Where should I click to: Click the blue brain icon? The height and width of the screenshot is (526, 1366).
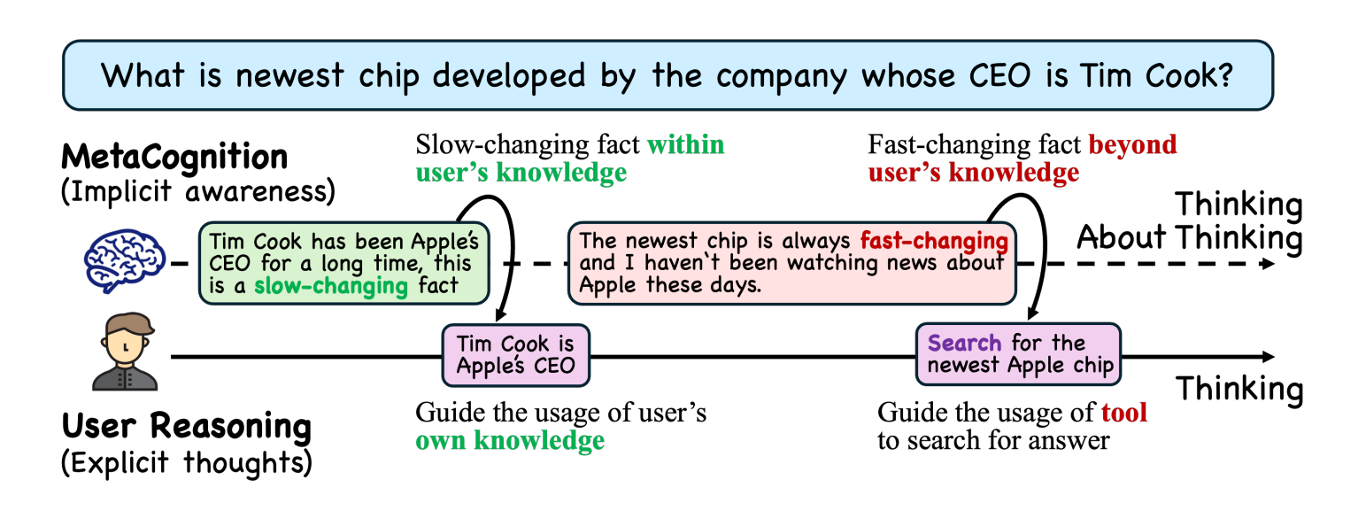point(125,260)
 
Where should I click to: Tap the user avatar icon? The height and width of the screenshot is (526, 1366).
point(125,352)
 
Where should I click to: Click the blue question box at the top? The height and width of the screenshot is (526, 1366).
point(668,75)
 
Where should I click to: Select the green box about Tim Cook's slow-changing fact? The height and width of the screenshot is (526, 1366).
point(344,263)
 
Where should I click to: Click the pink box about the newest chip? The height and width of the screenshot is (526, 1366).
point(791,263)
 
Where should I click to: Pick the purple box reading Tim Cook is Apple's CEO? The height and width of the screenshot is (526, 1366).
point(516,355)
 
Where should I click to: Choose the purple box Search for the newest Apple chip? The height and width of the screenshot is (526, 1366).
point(1018,354)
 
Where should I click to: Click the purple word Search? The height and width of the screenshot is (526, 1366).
point(964,343)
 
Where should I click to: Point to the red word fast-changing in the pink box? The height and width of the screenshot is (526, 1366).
point(934,241)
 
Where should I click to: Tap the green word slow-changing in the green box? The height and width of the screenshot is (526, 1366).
point(331,285)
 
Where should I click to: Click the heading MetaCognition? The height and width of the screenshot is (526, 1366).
point(174,157)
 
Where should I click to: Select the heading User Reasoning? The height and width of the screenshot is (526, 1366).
point(187,425)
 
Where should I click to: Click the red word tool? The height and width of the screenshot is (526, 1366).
point(1124,413)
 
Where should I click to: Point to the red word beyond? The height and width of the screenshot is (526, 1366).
point(1132,145)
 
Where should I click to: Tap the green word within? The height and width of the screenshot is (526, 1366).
point(686,145)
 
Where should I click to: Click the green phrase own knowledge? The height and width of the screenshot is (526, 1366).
point(510,441)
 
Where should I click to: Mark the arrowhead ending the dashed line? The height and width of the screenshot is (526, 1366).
point(1268,264)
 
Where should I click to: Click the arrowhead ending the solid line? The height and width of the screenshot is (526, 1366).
point(1268,356)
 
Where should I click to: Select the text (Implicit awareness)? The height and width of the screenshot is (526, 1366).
point(198,191)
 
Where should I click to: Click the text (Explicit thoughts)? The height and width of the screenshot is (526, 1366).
point(187,462)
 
